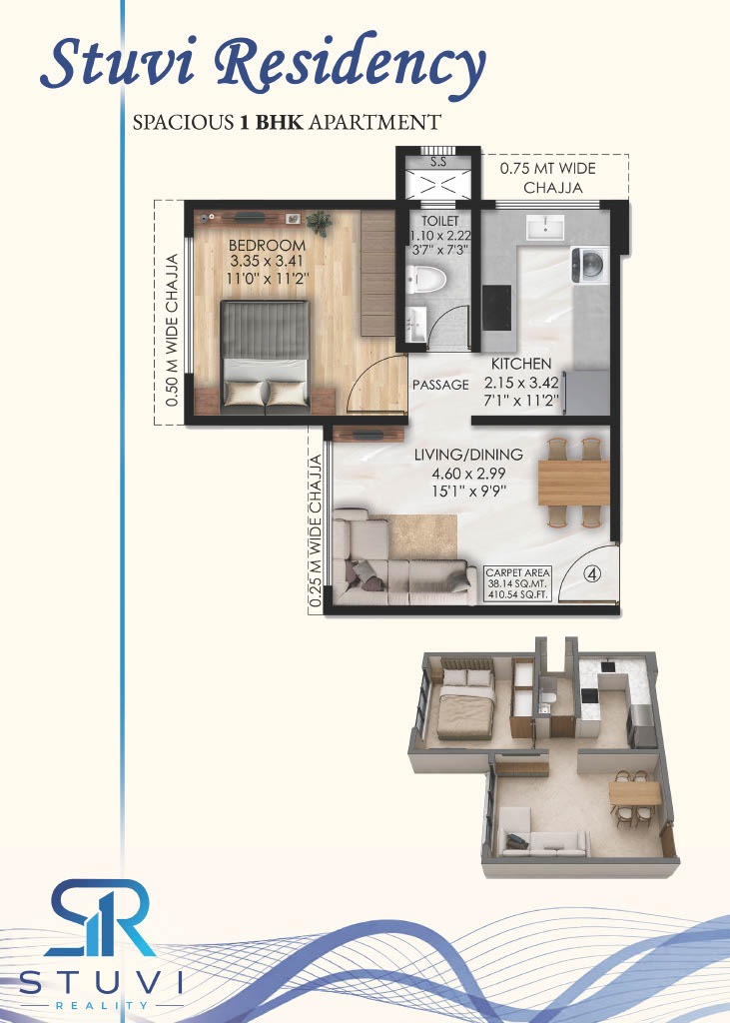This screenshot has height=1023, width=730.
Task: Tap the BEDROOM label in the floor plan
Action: click(x=267, y=246)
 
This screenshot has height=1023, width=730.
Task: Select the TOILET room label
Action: click(x=439, y=221)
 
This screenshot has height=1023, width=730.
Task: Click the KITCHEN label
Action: click(x=521, y=364)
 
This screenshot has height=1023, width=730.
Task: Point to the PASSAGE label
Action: click(x=440, y=385)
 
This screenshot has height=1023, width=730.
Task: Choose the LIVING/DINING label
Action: click(x=468, y=455)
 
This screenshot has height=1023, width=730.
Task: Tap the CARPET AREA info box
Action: click(x=518, y=583)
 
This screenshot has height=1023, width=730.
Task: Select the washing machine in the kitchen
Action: click(x=590, y=265)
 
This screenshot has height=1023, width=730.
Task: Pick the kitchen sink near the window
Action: click(x=545, y=227)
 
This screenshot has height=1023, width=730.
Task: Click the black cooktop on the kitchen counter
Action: click(x=496, y=308)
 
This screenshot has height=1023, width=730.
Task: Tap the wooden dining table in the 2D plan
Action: click(x=573, y=483)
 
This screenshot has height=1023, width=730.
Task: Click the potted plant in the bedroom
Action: click(x=319, y=223)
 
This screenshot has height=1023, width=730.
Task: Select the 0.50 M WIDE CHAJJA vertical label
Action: click(x=172, y=330)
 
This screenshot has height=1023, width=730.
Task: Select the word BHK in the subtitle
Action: click(x=279, y=122)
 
